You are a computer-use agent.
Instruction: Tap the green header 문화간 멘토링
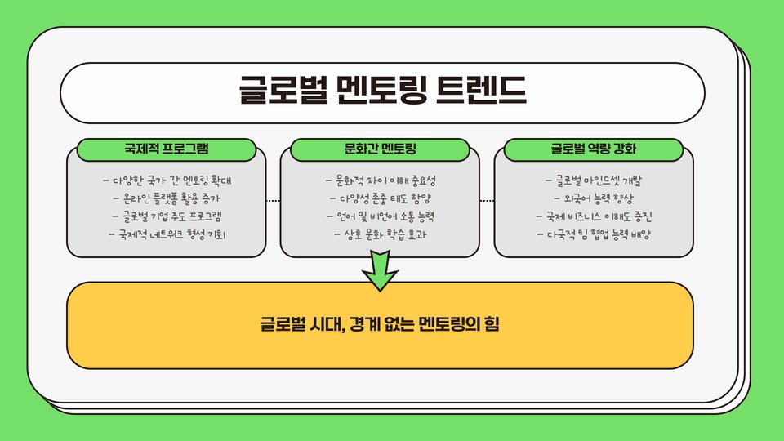381,149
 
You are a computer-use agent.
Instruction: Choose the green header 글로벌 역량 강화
594,149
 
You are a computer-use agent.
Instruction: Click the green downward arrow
380,269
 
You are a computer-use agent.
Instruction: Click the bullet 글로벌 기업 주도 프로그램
167,216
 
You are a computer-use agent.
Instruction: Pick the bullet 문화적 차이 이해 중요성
381,180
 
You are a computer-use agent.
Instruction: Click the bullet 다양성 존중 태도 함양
381,198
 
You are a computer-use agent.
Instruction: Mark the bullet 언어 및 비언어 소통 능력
381,216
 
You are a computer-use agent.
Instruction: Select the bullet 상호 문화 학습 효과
381,234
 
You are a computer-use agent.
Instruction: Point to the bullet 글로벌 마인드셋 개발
594,180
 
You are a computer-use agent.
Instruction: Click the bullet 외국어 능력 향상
594,198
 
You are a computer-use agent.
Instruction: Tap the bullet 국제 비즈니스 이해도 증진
594,216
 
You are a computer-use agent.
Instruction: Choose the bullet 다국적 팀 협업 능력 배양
594,234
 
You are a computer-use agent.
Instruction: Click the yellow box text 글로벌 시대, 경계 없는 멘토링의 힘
380,324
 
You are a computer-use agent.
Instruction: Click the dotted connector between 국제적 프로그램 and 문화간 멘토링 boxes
274,200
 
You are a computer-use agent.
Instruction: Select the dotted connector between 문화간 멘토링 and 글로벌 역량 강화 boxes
488,200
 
